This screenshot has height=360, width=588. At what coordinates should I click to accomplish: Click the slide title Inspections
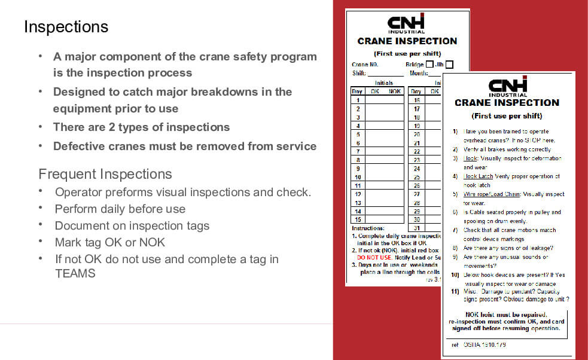click(x=66, y=27)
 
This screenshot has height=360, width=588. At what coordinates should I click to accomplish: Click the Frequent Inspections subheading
click(x=105, y=174)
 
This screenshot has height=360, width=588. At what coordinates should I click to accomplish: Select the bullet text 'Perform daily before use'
click(x=120, y=209)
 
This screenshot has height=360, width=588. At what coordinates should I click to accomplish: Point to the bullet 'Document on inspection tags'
click(x=132, y=225)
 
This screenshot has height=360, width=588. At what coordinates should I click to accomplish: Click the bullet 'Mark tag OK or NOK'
click(x=109, y=242)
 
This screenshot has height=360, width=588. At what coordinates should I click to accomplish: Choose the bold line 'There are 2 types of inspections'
click(x=141, y=127)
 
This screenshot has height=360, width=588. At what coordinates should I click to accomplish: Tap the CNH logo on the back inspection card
click(x=406, y=23)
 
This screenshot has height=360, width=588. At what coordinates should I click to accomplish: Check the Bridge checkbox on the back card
click(x=429, y=65)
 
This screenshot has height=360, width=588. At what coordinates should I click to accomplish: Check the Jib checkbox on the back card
click(x=449, y=65)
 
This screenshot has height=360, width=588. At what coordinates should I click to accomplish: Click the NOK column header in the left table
click(x=395, y=91)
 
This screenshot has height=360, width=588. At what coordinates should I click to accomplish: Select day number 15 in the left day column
click(x=358, y=220)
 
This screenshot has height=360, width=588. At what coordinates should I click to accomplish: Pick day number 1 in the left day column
click(x=358, y=100)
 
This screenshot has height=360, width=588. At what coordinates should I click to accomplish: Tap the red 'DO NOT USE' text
click(x=374, y=257)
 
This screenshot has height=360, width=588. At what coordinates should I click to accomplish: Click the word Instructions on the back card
click(x=367, y=228)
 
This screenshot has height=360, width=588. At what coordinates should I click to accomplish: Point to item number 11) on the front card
click(x=455, y=291)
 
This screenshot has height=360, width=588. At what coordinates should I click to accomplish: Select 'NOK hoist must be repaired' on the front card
click(x=505, y=315)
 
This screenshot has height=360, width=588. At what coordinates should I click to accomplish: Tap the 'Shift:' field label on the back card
click(x=359, y=73)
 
